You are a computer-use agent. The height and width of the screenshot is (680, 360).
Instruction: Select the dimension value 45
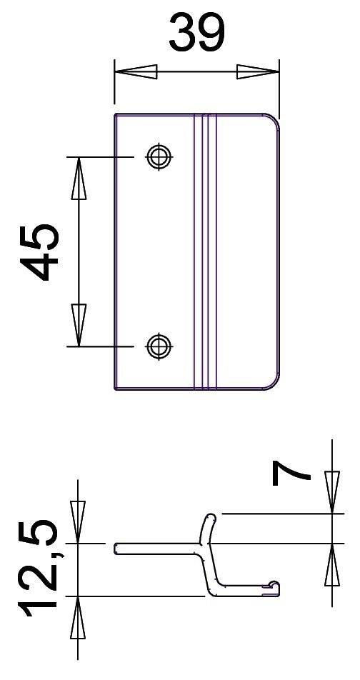click(40, 252)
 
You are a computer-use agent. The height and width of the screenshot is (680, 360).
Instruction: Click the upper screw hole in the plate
click(158, 156)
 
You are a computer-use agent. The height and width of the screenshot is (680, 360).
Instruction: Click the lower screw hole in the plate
click(158, 346)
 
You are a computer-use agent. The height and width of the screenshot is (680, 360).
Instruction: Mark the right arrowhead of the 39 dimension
click(257, 72)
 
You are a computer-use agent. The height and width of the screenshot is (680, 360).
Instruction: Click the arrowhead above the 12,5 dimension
click(78, 522)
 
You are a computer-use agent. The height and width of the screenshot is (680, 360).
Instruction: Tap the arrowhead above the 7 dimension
click(332, 492)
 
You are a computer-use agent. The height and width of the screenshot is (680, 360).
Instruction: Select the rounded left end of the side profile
click(116, 549)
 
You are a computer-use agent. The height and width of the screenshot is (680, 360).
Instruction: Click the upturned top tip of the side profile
click(210, 517)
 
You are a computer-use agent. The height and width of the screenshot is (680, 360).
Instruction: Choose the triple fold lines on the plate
click(204, 251)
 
